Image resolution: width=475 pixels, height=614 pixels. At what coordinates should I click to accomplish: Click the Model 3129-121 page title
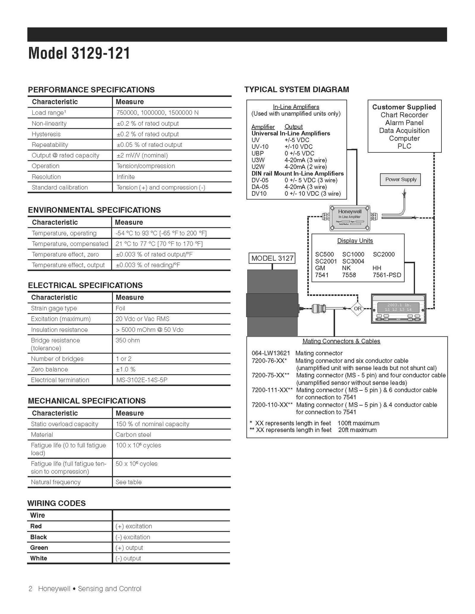79,54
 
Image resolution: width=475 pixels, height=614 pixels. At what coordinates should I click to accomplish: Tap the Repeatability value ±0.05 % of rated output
149,145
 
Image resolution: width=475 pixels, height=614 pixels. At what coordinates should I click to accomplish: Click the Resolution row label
46,177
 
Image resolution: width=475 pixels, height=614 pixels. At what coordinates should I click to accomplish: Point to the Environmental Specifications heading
94,210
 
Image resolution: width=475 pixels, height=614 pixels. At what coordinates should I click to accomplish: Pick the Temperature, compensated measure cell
159,244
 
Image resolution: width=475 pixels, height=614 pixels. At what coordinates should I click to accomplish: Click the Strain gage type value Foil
120,308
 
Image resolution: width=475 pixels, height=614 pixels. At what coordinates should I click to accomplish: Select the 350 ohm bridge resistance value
128,340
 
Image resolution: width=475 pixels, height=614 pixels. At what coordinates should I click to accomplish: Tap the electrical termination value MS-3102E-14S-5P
142,380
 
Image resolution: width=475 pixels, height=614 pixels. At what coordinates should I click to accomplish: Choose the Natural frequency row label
56,482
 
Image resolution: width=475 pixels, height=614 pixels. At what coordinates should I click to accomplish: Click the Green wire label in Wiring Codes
39,548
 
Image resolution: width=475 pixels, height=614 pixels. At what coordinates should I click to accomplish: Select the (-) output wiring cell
128,558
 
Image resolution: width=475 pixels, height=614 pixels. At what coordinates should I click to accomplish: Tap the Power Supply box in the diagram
400,179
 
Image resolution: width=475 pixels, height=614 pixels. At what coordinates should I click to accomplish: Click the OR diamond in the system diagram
357,308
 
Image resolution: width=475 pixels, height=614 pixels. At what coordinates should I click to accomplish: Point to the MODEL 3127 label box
272,258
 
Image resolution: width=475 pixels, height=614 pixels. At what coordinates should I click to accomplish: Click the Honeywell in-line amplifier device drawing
350,218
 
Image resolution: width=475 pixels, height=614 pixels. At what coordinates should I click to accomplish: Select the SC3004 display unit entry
353,261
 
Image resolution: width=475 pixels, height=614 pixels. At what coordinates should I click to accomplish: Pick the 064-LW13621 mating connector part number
270,353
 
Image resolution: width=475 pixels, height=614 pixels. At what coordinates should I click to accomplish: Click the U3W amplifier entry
258,160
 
